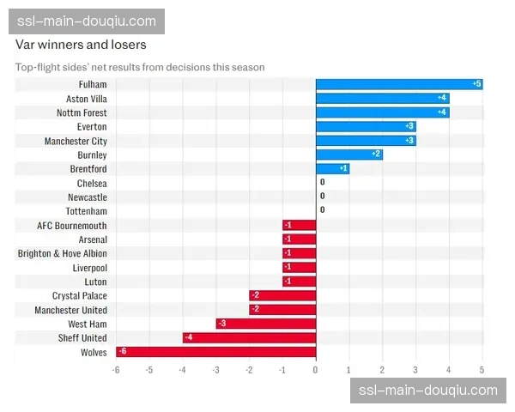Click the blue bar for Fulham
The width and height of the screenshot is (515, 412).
click(399, 84)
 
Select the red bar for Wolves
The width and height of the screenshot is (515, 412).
click(215, 352)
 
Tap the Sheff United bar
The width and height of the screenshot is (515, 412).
click(249, 338)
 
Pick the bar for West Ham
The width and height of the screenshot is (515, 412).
click(266, 324)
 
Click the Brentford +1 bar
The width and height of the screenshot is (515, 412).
click(332, 168)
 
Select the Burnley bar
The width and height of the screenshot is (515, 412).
click(349, 154)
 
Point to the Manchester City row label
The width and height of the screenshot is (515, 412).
click(76, 141)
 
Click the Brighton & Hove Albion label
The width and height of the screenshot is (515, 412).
click(63, 253)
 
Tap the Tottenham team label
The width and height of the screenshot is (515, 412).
click(87, 211)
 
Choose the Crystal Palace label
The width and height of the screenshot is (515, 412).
click(80, 295)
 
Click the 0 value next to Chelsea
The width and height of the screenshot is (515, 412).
click(323, 183)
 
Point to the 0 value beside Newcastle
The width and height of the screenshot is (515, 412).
click(323, 197)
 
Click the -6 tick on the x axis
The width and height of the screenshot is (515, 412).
click(116, 370)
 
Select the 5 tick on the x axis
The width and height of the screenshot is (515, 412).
click(482, 370)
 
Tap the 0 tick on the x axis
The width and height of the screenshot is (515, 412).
click(316, 370)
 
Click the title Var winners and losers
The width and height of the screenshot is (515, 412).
click(81, 45)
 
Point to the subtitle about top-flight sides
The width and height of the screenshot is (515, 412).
click(140, 67)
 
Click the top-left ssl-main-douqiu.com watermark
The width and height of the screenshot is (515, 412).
click(86, 21)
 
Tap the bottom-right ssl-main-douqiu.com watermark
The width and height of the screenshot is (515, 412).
click(427, 391)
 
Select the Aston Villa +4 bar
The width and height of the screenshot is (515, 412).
click(383, 99)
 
